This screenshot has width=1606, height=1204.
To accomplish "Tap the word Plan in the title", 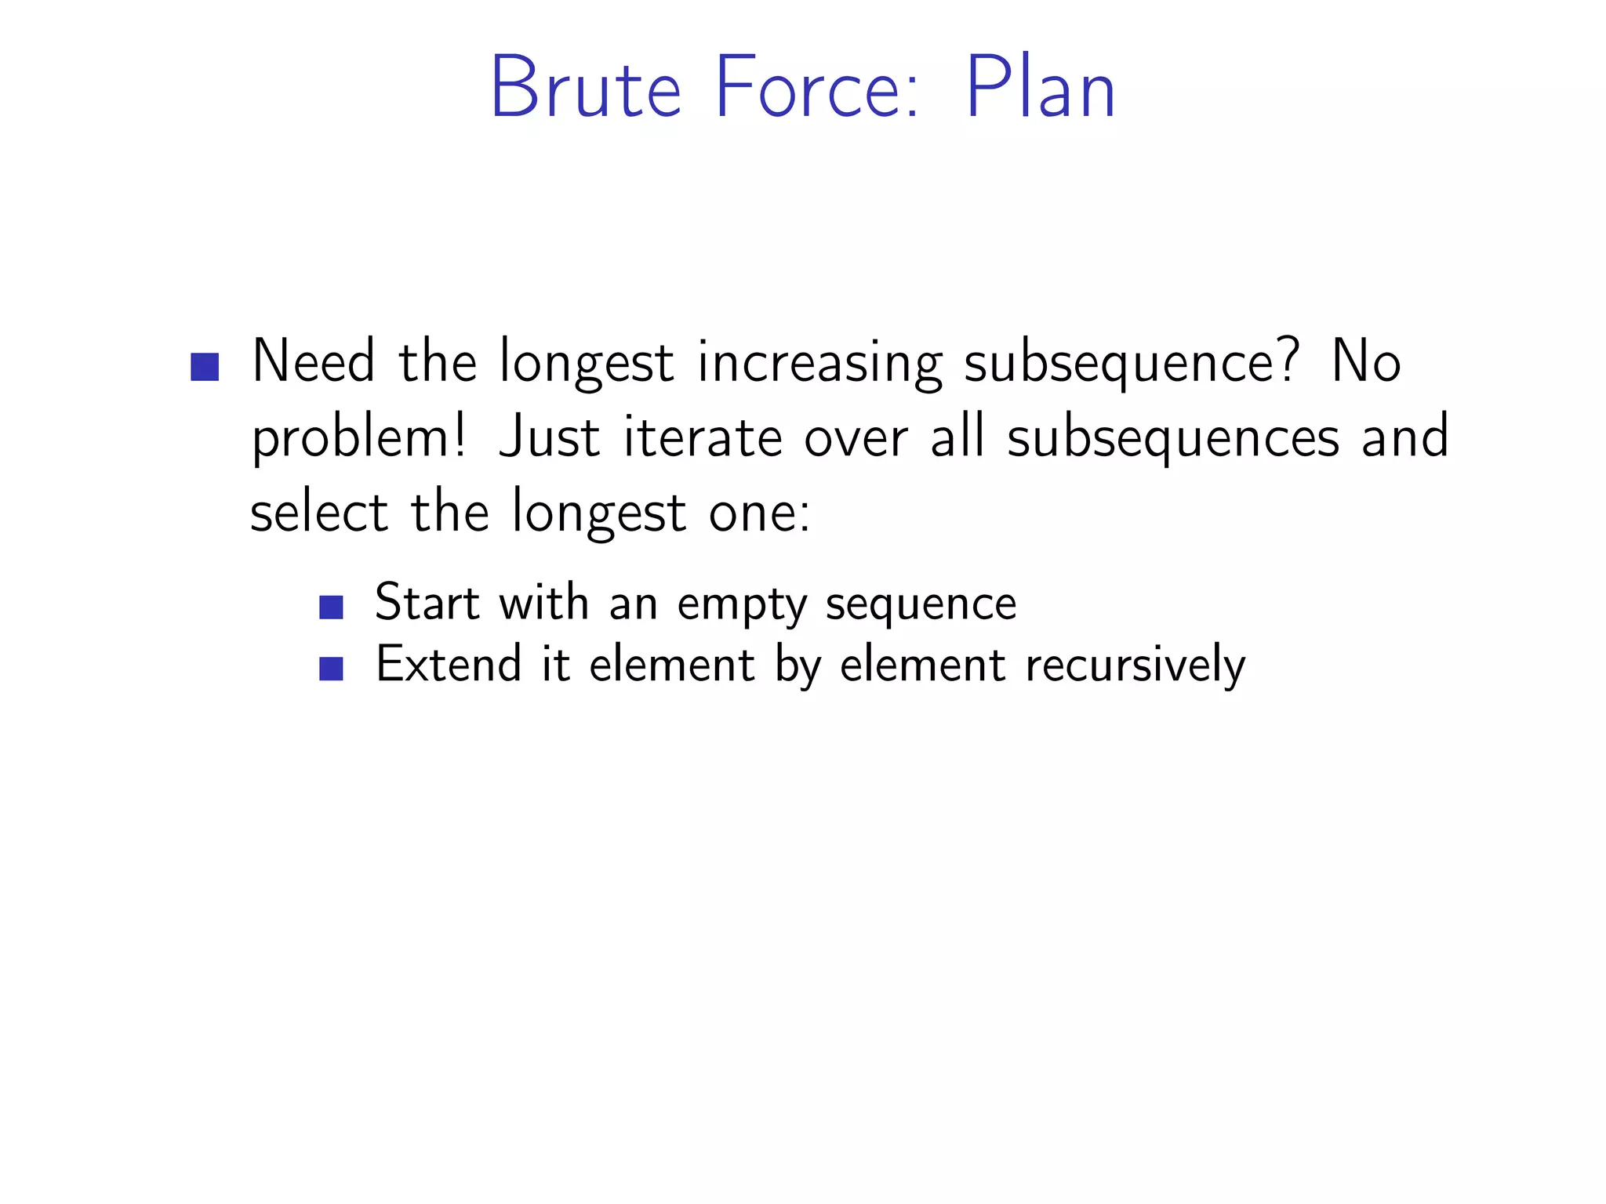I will point(1040,88).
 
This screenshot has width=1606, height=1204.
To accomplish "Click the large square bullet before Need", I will point(205,367).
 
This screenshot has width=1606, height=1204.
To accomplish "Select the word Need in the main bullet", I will point(314,362).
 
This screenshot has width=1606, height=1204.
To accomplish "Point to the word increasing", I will point(819,364).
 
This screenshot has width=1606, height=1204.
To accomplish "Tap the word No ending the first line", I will point(1366,362).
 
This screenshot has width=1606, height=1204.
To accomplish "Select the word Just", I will point(549,437).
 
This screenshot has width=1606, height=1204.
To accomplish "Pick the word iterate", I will point(703,437).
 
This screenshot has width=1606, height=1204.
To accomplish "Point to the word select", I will point(318,513).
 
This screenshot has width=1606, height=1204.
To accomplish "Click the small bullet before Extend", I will point(332,669).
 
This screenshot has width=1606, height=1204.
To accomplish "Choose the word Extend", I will point(449,665).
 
